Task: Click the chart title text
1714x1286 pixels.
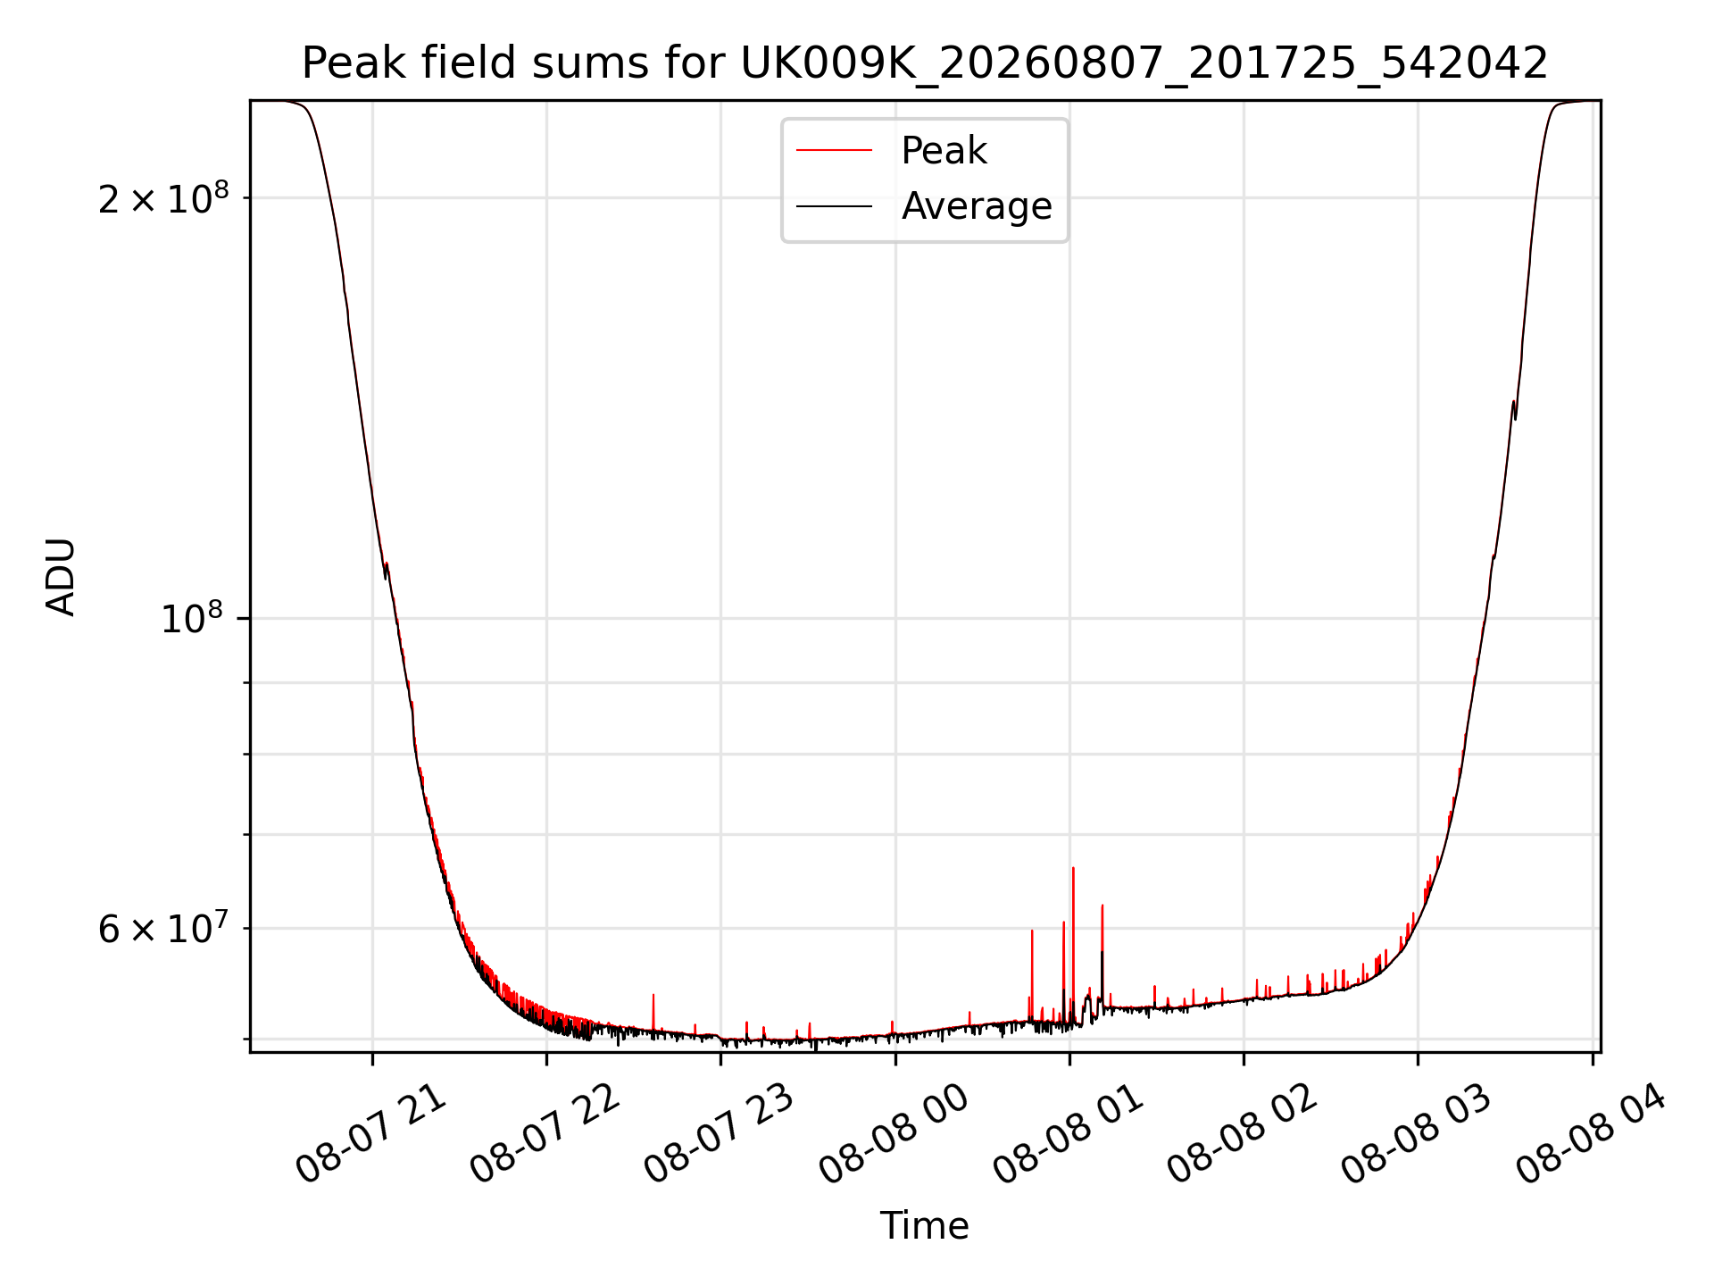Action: tap(925, 63)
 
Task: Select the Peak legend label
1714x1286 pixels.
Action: tap(944, 150)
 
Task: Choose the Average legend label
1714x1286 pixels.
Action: tap(977, 206)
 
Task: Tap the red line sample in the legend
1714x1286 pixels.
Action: tap(834, 150)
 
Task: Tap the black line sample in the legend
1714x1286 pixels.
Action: tap(834, 206)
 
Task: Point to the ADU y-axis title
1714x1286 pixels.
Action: tap(61, 576)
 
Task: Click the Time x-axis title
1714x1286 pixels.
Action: tap(925, 1225)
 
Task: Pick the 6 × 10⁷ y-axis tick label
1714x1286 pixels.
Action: tap(163, 928)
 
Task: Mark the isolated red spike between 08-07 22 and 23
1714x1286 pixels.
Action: tap(653, 1012)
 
